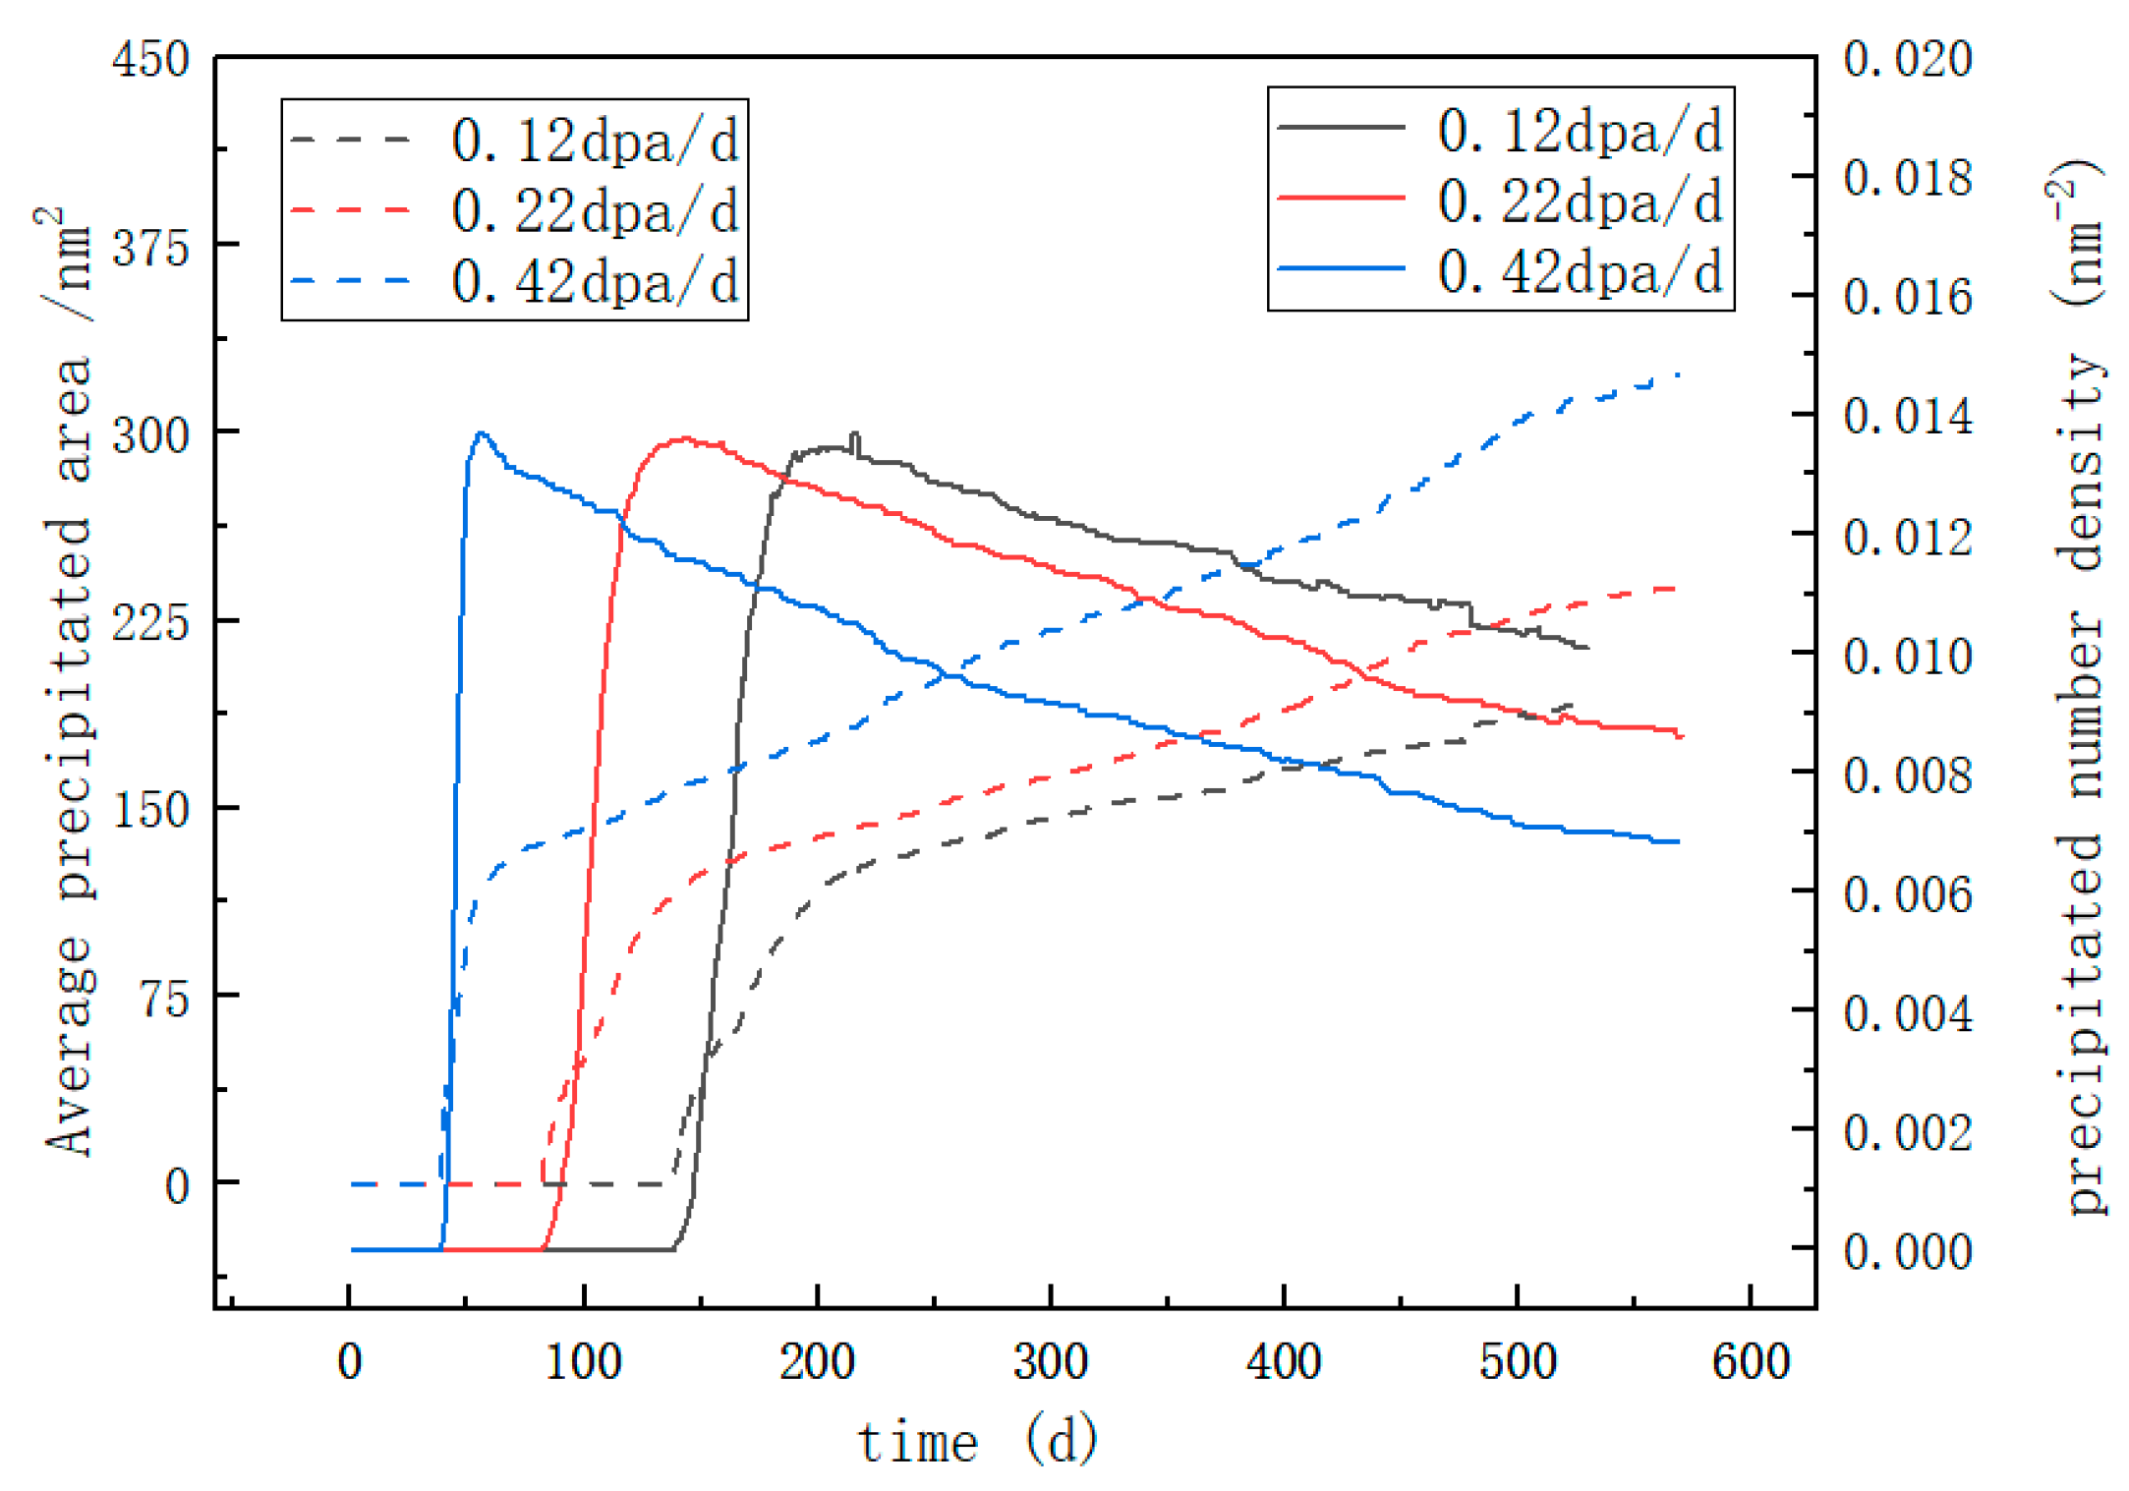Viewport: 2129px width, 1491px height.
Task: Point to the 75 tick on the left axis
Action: click(x=164, y=1000)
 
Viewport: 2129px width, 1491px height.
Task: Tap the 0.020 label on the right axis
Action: click(x=1906, y=59)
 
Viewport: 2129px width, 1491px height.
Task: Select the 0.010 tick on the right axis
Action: click(x=1906, y=657)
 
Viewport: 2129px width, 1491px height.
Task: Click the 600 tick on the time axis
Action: click(x=1750, y=1361)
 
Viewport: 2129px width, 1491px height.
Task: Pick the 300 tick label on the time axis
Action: click(x=1050, y=1361)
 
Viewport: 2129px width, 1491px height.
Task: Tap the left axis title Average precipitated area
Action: click(x=69, y=678)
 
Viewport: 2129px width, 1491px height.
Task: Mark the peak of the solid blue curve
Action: click(x=481, y=432)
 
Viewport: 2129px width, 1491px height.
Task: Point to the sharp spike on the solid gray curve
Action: click(x=854, y=433)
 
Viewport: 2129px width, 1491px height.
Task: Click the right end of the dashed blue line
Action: click(x=1679, y=374)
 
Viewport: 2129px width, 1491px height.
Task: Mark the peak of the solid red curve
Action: click(x=684, y=438)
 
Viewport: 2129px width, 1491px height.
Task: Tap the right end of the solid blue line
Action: click(x=1678, y=841)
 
